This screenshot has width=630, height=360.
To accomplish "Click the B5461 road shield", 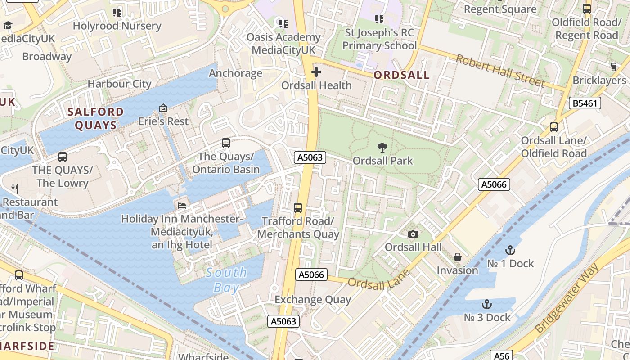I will tap(585, 103).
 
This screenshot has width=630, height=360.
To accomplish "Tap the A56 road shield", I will tap(502, 355).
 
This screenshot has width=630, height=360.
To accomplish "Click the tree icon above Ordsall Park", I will tap(382, 147).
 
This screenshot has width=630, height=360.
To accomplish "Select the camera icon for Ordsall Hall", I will tap(413, 234).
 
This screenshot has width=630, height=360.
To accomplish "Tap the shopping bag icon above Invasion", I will tap(458, 257).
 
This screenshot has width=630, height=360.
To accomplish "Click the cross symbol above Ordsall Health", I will tap(316, 72).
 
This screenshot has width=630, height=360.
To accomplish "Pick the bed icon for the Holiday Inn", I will tap(181, 205).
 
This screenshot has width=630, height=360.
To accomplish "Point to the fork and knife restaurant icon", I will tap(15, 189).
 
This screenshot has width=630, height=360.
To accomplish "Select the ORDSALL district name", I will tap(402, 75).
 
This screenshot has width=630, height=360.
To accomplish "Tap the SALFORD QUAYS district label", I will tap(96, 118).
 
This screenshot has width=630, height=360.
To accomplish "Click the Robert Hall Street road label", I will tap(500, 70).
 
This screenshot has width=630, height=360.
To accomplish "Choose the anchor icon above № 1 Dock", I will tap(510, 250).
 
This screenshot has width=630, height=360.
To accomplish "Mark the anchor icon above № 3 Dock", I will tap(487, 305).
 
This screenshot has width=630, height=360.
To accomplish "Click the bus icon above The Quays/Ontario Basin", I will tap(226, 143).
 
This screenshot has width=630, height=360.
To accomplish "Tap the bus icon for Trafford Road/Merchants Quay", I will tap(298, 207).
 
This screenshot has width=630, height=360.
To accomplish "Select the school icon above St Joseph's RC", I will tap(379, 19).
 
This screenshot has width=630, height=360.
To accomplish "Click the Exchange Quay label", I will tap(313, 300).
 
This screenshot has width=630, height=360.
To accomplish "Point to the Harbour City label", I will tap(119, 84).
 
